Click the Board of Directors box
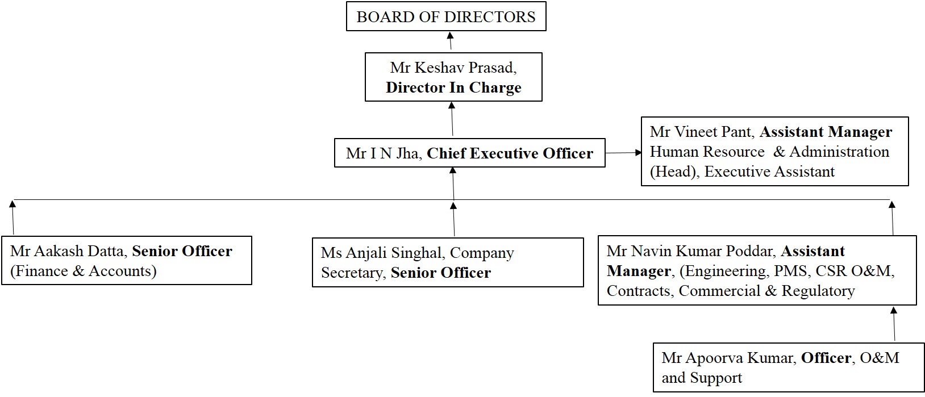click(x=446, y=17)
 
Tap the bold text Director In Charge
click(x=453, y=87)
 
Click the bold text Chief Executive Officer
click(x=510, y=153)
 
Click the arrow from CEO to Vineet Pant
click(x=623, y=152)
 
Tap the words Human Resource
click(x=707, y=152)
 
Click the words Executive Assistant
click(x=769, y=172)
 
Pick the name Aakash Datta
click(x=79, y=251)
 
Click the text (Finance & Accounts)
click(x=83, y=271)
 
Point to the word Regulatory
click(x=818, y=291)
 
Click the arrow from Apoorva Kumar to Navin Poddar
click(x=894, y=324)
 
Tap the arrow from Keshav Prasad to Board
click(x=450, y=41)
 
